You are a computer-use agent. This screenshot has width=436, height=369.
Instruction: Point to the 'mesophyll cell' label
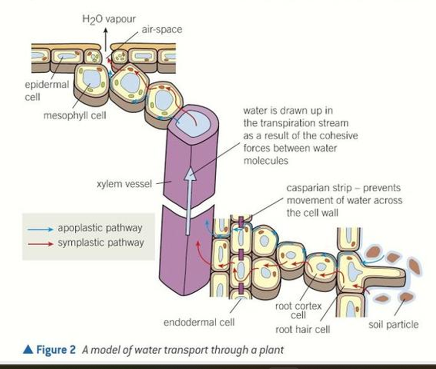click(75, 115)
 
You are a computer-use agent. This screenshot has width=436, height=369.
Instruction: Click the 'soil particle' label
click(393, 324)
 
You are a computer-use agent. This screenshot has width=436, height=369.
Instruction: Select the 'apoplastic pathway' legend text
click(100, 227)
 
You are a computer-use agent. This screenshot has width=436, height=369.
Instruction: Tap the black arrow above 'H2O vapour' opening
click(106, 36)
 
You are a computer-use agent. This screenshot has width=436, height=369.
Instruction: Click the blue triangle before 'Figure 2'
click(28, 350)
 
